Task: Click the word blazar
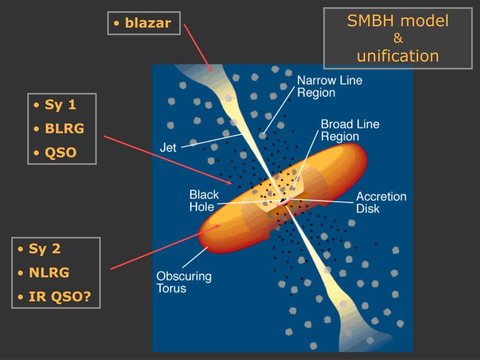pos(148,23)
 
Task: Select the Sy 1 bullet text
pos(60,105)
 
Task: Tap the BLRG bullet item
pos(65,129)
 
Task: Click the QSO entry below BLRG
pos(60,153)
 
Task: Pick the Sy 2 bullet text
pos(45,248)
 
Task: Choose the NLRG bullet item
pos(49,273)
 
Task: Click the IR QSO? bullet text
pos(60,297)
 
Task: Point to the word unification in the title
pos(397,56)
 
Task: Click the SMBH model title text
pos(397,21)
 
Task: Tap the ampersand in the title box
pos(398,39)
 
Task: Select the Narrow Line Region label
pos(330,86)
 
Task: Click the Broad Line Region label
pos(350,130)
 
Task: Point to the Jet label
pos(168,148)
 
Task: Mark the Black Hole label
pos(204,201)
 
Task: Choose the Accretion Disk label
pos(381,202)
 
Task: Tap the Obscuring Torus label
pos(184,282)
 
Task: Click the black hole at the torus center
pos(284,202)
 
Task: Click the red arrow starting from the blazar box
pos(198,47)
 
